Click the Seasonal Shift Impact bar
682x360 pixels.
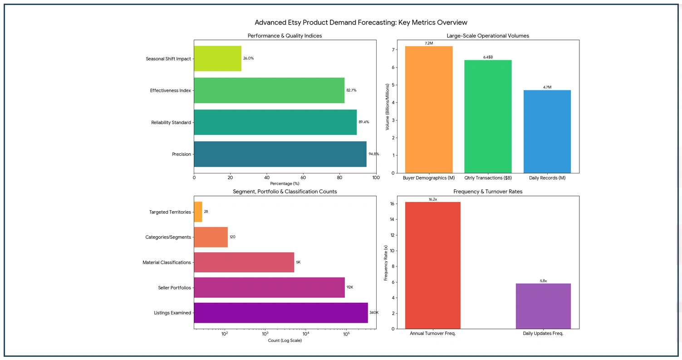(217, 59)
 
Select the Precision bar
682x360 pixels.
(280, 154)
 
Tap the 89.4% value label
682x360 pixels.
(363, 122)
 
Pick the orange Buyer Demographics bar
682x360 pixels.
(429, 109)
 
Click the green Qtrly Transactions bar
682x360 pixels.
(488, 116)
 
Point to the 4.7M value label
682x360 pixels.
(547, 87)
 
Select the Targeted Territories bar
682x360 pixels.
(198, 212)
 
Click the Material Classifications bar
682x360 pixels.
(244, 262)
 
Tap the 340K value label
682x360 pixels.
(373, 313)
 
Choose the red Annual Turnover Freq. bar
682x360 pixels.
(432, 265)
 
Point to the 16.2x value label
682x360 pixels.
(432, 199)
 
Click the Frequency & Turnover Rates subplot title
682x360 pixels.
(488, 192)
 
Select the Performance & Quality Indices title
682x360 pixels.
(285, 36)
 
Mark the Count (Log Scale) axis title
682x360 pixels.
(285, 340)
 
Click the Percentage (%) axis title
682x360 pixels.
(285, 183)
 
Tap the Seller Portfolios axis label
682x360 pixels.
(174, 288)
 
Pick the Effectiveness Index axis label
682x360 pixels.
(170, 91)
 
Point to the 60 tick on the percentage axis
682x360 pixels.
(303, 178)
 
